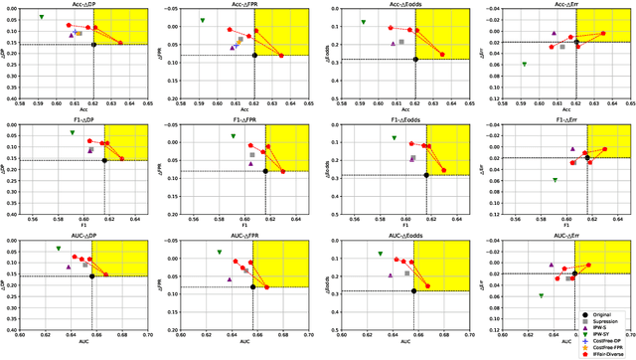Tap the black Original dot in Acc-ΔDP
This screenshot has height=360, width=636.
coord(93,45)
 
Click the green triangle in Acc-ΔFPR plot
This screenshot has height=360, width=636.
coord(202,21)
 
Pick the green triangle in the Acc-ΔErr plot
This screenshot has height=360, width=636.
coord(524,65)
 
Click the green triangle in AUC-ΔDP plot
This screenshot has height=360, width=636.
coord(59,249)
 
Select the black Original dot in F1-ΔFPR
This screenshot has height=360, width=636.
coord(265,171)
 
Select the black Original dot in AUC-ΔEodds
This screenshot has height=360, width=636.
coord(414,290)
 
